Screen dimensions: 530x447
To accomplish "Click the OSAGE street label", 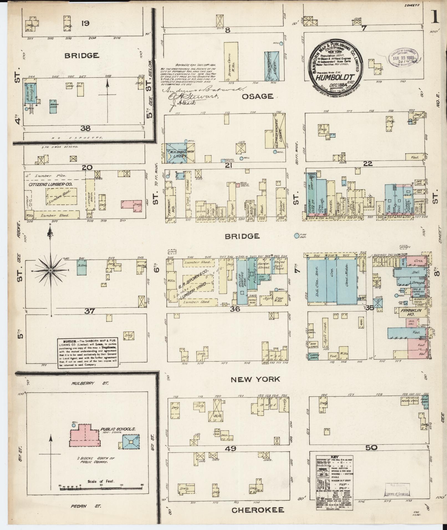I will point(257,96).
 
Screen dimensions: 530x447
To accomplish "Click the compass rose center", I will point(50,270).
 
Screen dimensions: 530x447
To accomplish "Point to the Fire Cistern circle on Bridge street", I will point(297,236).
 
